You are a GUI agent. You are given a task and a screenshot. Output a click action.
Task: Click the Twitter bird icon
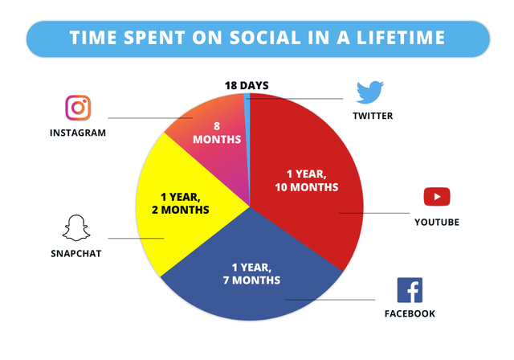pos(369,92)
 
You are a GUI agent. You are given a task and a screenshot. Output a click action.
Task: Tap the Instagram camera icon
pos(78,108)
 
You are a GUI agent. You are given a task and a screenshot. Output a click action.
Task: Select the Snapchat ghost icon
pos(76,228)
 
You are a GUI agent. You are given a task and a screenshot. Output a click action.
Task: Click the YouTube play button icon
pos(437,197)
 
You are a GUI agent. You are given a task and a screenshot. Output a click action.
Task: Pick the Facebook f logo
pos(410,290)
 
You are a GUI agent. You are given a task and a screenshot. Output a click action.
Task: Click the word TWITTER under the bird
pos(373,116)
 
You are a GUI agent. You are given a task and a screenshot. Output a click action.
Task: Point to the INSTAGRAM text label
pos(78,133)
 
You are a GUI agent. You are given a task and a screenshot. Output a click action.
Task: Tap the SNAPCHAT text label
pos(76,253)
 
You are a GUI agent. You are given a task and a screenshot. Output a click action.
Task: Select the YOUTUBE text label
pos(437,223)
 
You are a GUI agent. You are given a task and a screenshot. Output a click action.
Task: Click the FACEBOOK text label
pos(410,313)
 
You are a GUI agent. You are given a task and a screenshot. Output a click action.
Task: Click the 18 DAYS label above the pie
pos(247,85)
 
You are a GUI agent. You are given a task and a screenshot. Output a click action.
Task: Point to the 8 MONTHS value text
pos(217,133)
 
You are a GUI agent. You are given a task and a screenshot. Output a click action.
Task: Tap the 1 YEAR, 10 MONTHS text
pos(307,180)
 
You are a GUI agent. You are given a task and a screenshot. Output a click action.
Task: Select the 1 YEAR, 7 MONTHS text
pos(251,274)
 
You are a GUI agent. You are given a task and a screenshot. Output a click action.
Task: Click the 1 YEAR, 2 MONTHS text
pos(180,203)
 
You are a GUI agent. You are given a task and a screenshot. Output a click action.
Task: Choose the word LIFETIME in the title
pos(401,38)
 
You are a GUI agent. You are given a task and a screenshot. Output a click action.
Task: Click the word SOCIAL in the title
pos(265,38)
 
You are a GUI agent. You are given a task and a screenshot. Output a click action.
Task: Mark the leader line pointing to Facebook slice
pos(330,300)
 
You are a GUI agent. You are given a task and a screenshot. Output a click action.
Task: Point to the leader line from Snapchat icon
pos(136,239)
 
